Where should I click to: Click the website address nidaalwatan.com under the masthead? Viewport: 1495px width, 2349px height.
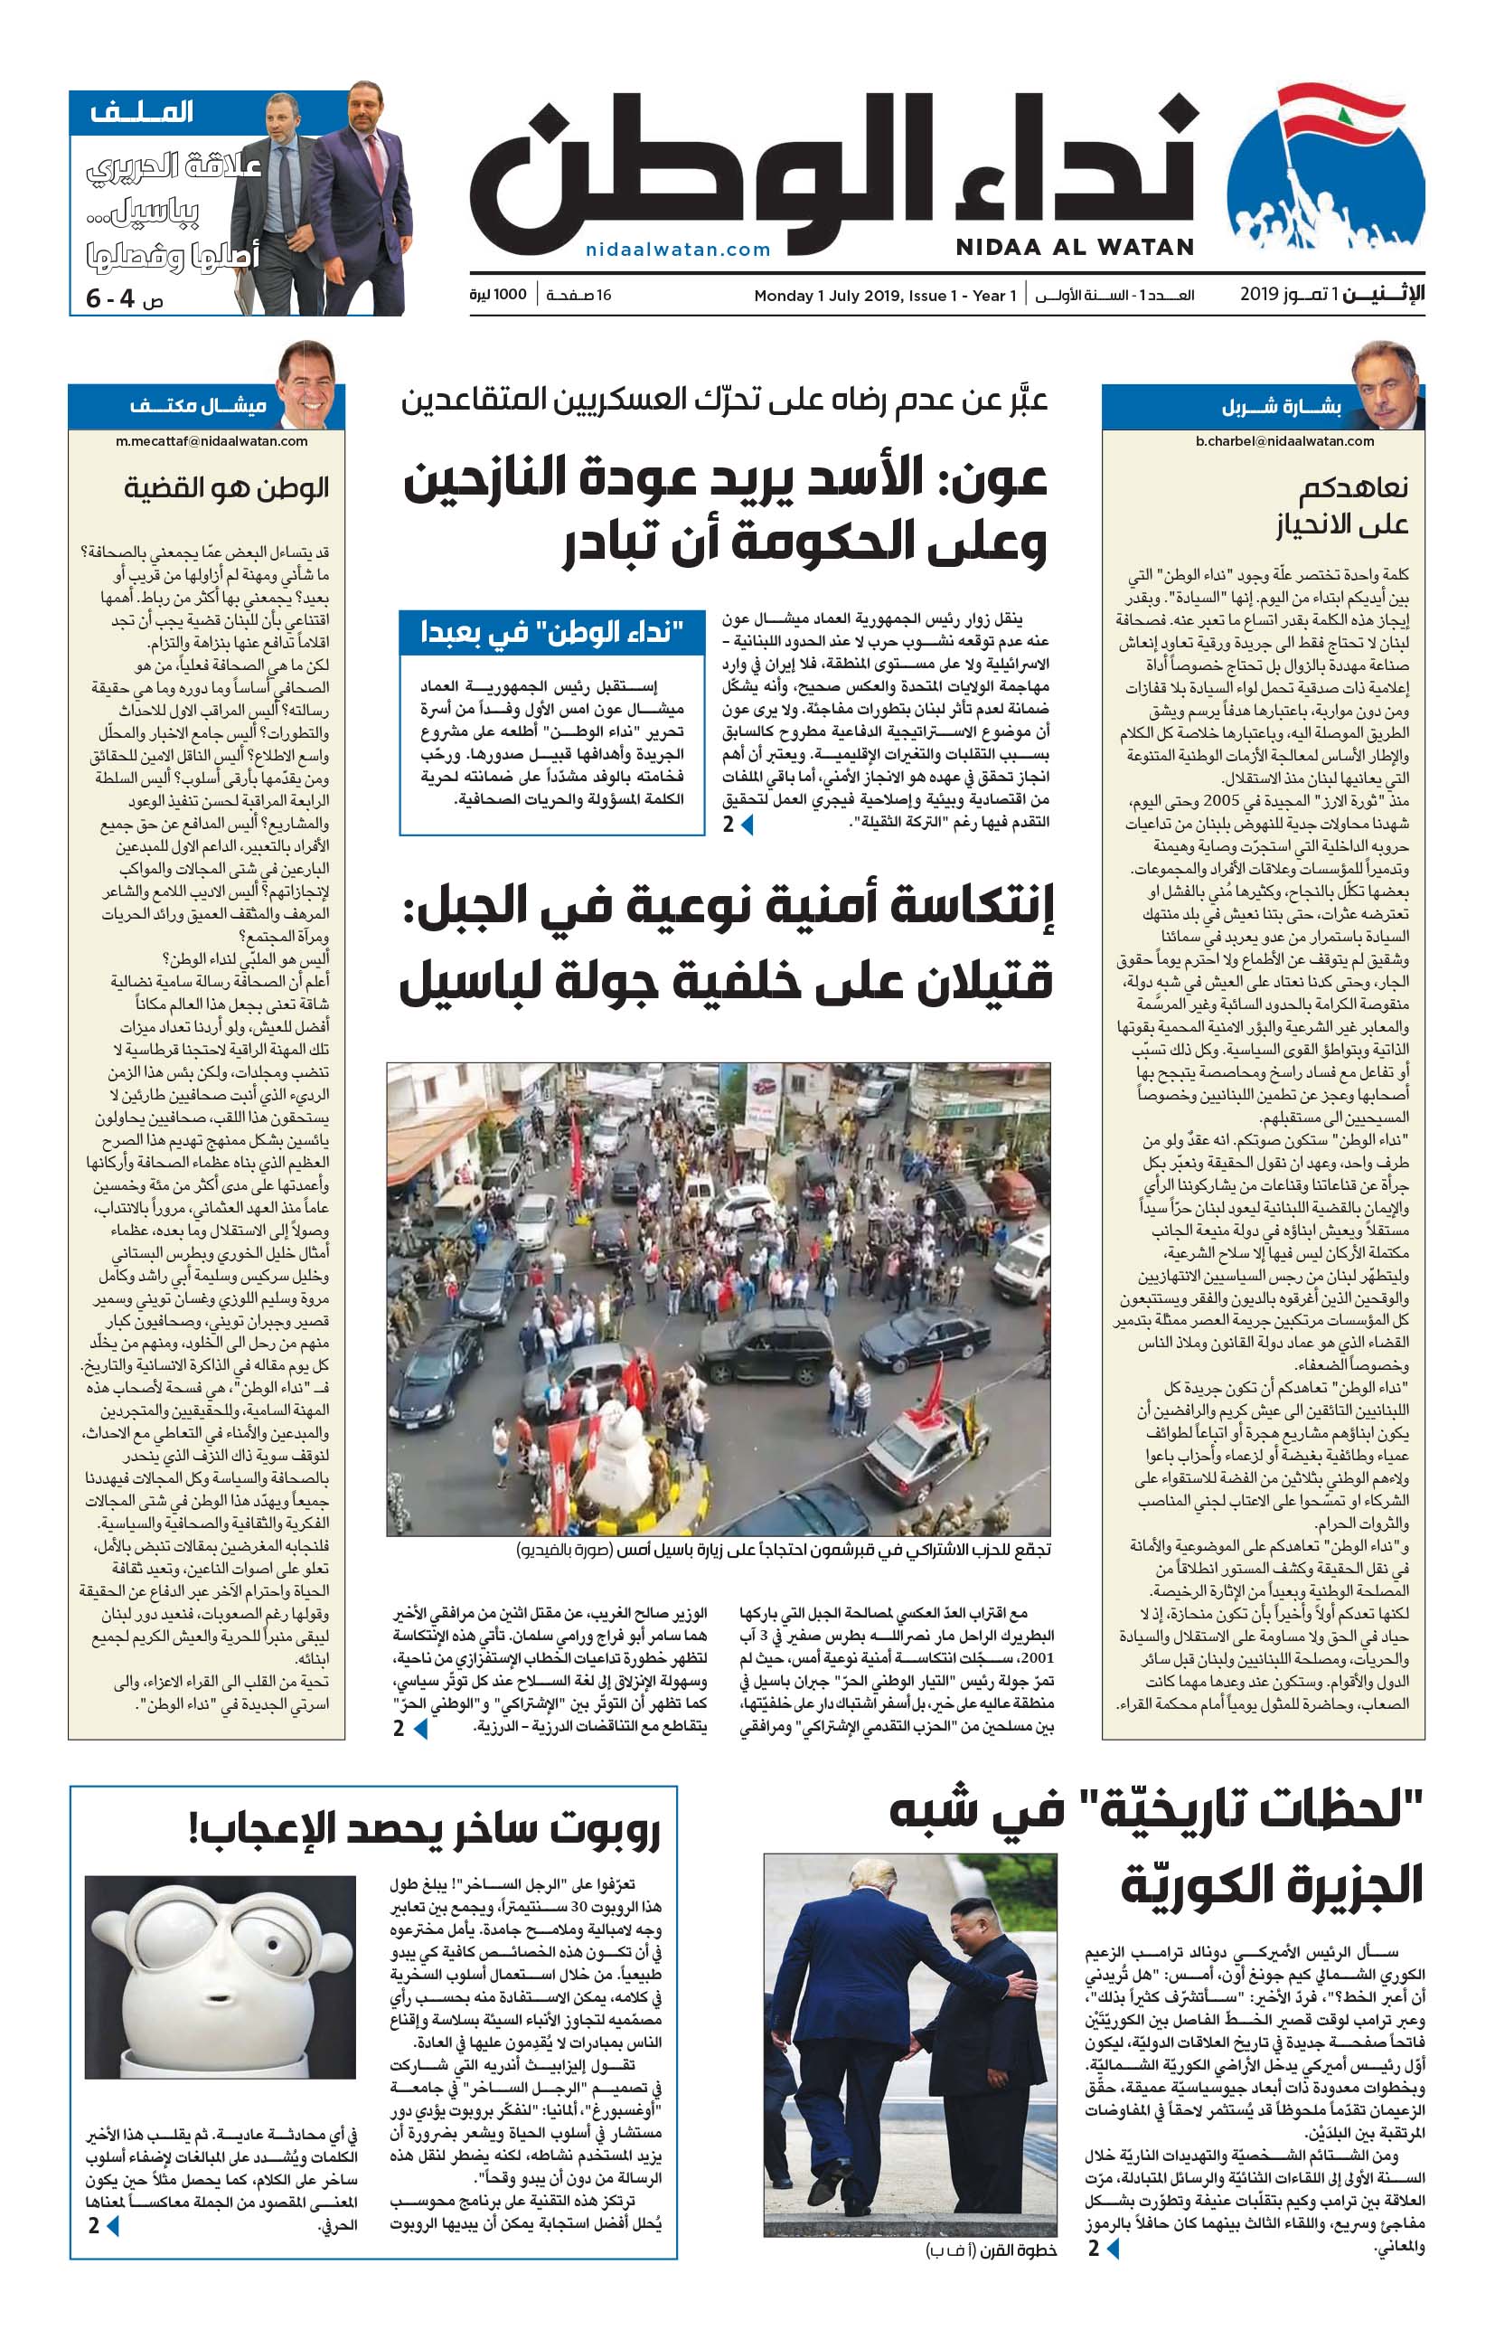pos(678,250)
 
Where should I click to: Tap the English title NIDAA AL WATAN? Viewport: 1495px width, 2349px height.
pos(1075,247)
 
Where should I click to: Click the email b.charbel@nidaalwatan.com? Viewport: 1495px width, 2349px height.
pos(1284,441)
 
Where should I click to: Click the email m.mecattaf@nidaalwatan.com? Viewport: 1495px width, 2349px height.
pos(212,441)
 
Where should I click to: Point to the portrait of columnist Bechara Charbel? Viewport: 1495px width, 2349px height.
pos(1386,386)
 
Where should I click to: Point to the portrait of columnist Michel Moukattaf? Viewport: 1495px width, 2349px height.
pos(306,386)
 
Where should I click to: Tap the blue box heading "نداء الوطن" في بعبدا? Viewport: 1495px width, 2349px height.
pos(552,633)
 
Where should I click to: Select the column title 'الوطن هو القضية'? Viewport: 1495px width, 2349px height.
pos(226,487)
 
